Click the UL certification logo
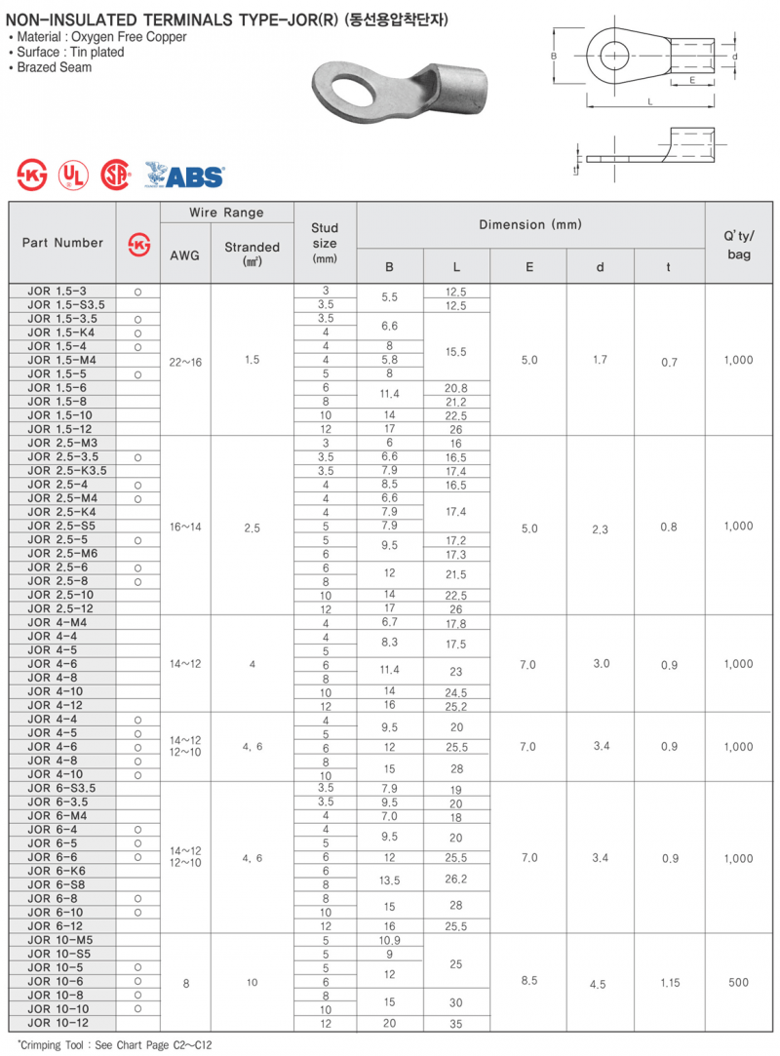[x=72, y=175]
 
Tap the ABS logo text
[x=193, y=176]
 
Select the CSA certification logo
[x=116, y=175]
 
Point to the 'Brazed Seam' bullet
[x=55, y=67]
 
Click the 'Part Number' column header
[x=62, y=243]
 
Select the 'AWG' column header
[x=184, y=255]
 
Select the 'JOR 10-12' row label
[x=58, y=1023]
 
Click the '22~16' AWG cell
[x=185, y=362]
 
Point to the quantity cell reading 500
[x=739, y=982]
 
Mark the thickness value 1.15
[x=669, y=983]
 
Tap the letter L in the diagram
[x=649, y=100]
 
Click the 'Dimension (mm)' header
[x=530, y=225]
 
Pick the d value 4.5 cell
[x=598, y=984]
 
